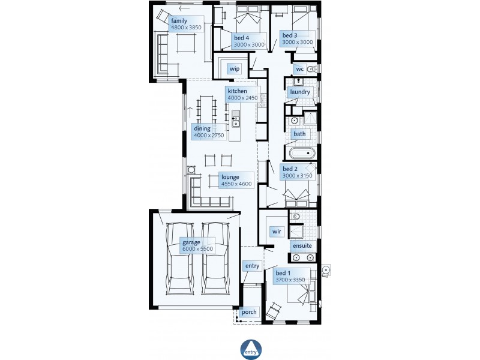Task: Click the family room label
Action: pyautogui.click(x=179, y=21)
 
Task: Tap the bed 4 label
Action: pyautogui.click(x=242, y=38)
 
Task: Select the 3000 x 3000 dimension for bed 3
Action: pyautogui.click(x=298, y=42)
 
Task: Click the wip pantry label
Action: pyautogui.click(x=235, y=68)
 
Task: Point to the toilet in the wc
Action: pyautogui.click(x=311, y=69)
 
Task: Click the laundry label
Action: pyautogui.click(x=300, y=92)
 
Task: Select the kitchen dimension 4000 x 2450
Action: pyautogui.click(x=242, y=98)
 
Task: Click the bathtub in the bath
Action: pyautogui.click(x=302, y=153)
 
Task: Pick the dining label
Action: pyautogui.click(x=202, y=128)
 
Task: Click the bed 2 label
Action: pyautogui.click(x=290, y=169)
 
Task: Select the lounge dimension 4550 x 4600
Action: pyautogui.click(x=236, y=184)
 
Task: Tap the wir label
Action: pyautogui.click(x=277, y=232)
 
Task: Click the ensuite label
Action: pyautogui.click(x=302, y=246)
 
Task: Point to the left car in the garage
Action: pyautogui.click(x=179, y=259)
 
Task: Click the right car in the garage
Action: pyautogui.click(x=215, y=259)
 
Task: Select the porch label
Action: pyautogui.click(x=249, y=312)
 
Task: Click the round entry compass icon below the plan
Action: pyautogui.click(x=251, y=349)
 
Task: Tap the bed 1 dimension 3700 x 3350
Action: pyautogui.click(x=290, y=280)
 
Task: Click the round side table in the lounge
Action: pyautogui.click(x=191, y=170)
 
